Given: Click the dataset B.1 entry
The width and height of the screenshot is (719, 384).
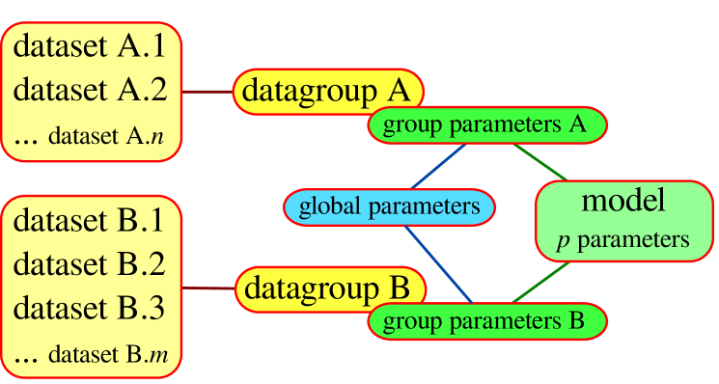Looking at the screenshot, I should pyautogui.click(x=92, y=219).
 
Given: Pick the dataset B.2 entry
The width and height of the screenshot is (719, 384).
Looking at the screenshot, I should pyautogui.click(x=92, y=263).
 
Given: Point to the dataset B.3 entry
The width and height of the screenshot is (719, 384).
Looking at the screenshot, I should pyautogui.click(x=92, y=309).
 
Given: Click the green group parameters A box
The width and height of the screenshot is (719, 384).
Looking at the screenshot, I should pyautogui.click(x=485, y=124).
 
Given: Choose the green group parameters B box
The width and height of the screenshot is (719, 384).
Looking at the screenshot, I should pyautogui.click(x=485, y=321).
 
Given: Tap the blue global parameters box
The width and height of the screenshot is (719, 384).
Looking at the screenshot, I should pyautogui.click(x=389, y=206).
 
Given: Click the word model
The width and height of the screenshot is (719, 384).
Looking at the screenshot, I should pyautogui.click(x=622, y=201).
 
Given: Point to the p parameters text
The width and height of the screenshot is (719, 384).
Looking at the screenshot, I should pyautogui.click(x=622, y=239).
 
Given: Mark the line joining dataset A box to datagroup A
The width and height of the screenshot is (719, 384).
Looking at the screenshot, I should pyautogui.click(x=208, y=93).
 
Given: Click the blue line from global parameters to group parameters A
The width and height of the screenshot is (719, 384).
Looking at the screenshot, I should pyautogui.click(x=439, y=166).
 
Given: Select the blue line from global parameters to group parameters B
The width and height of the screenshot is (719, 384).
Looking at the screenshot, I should pyautogui.click(x=438, y=262).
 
